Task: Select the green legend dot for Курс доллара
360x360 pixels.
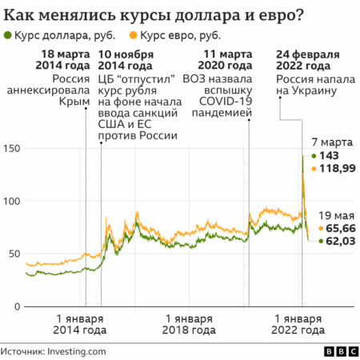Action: coord(8,36)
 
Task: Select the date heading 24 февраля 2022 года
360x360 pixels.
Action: coord(308,61)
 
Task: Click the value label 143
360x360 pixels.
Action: coord(330,155)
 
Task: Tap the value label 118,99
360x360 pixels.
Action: coord(337,168)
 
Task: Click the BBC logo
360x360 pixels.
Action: coord(338,350)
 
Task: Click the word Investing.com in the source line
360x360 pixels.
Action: coord(78,350)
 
